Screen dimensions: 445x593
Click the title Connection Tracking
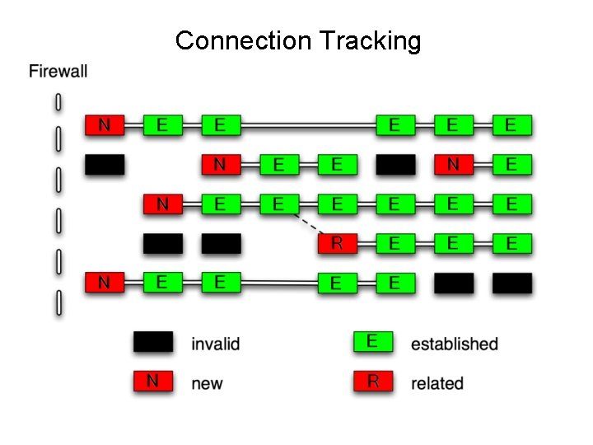pos(297,40)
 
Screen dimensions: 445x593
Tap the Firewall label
pos(58,71)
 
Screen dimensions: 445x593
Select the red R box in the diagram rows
pos(337,243)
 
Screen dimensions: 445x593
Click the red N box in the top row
pos(104,125)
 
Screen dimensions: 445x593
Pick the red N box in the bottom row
pos(104,283)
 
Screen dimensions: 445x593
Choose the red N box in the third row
pos(162,204)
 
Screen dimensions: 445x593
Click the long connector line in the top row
pos(309,125)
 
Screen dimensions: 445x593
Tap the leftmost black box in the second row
pos(104,165)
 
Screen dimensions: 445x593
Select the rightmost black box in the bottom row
pos(511,283)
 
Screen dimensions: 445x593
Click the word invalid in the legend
pos(215,343)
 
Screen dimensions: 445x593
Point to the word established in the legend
pos(455,343)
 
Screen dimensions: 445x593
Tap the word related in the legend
pos(437,383)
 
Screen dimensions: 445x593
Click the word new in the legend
pos(207,383)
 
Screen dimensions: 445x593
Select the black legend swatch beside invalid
pos(153,342)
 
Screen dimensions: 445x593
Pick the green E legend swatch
pos(373,341)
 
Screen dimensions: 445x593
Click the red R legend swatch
pos(373,381)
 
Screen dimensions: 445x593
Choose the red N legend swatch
pos(153,381)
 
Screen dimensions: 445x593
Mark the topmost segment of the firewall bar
pos(58,102)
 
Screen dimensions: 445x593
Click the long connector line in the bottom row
pos(279,283)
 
